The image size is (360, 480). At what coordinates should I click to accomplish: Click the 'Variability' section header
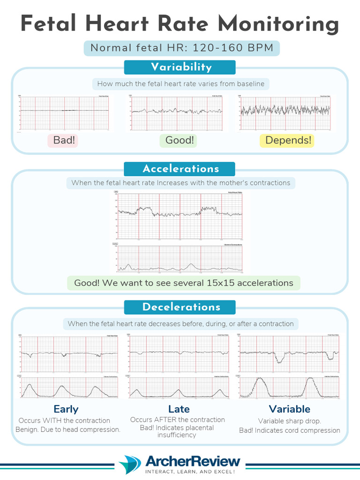[181, 67]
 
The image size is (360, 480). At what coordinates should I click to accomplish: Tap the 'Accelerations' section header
[181, 169]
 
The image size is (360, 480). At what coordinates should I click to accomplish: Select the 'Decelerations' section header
[181, 307]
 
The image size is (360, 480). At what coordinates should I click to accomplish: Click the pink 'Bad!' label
[64, 140]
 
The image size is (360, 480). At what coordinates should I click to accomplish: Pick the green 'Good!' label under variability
[180, 140]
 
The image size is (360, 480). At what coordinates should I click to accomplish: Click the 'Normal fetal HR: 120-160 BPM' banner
[182, 48]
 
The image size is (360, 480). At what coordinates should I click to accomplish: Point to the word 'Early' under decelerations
[66, 409]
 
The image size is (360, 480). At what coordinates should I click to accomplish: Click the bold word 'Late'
[179, 409]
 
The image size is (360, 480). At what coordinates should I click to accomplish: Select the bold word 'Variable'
[290, 409]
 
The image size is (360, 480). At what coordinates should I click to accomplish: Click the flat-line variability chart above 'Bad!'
[65, 112]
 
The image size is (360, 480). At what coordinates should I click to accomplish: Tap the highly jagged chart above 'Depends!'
[285, 112]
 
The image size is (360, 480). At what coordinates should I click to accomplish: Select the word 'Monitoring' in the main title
[280, 23]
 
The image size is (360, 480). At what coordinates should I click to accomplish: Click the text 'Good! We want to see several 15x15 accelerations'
[183, 283]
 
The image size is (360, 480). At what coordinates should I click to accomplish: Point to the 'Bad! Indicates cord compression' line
[290, 430]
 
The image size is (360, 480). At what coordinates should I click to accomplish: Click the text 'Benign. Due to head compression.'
[68, 429]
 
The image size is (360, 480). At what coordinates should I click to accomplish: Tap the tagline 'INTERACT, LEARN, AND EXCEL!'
[190, 471]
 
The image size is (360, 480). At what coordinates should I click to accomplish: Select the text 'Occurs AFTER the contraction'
[178, 420]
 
